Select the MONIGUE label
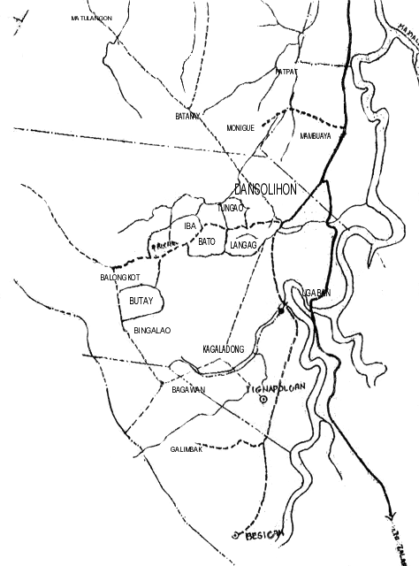(x=240, y=128)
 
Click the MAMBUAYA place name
(x=316, y=136)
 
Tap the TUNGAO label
(x=230, y=208)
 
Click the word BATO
(x=207, y=241)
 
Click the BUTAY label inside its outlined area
(x=141, y=302)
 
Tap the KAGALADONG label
(x=223, y=348)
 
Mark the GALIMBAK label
(x=187, y=449)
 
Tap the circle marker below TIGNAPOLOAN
(x=263, y=400)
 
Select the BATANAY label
(x=188, y=116)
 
